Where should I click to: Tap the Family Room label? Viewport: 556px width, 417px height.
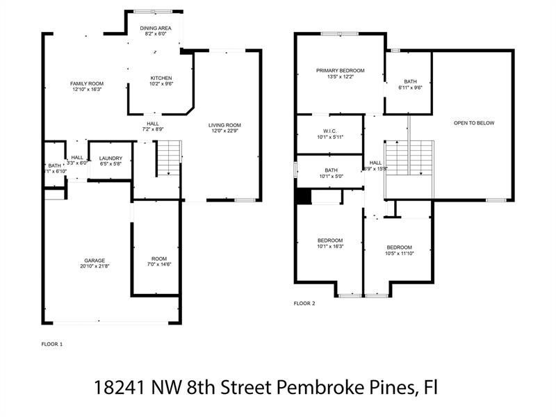[87, 83]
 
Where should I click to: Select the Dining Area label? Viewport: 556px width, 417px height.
[156, 27]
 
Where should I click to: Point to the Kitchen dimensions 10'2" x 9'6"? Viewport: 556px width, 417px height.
[161, 83]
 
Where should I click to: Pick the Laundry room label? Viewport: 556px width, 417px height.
[111, 158]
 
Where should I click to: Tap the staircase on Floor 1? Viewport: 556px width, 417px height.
[168, 158]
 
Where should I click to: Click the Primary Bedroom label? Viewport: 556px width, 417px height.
[340, 70]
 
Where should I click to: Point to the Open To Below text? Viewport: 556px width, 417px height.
[473, 123]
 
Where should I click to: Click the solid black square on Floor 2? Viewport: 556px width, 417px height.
[302, 197]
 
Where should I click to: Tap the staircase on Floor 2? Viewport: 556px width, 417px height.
[409, 158]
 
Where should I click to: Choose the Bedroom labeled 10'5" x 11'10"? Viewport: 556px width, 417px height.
[399, 247]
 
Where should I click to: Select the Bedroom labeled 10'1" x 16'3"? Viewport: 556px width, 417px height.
[329, 240]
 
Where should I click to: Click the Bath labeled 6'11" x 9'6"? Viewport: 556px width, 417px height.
[410, 81]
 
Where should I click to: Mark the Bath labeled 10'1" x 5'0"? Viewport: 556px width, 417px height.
[330, 170]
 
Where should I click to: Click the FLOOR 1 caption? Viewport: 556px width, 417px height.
[52, 344]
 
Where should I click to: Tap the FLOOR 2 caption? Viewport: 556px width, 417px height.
[304, 304]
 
